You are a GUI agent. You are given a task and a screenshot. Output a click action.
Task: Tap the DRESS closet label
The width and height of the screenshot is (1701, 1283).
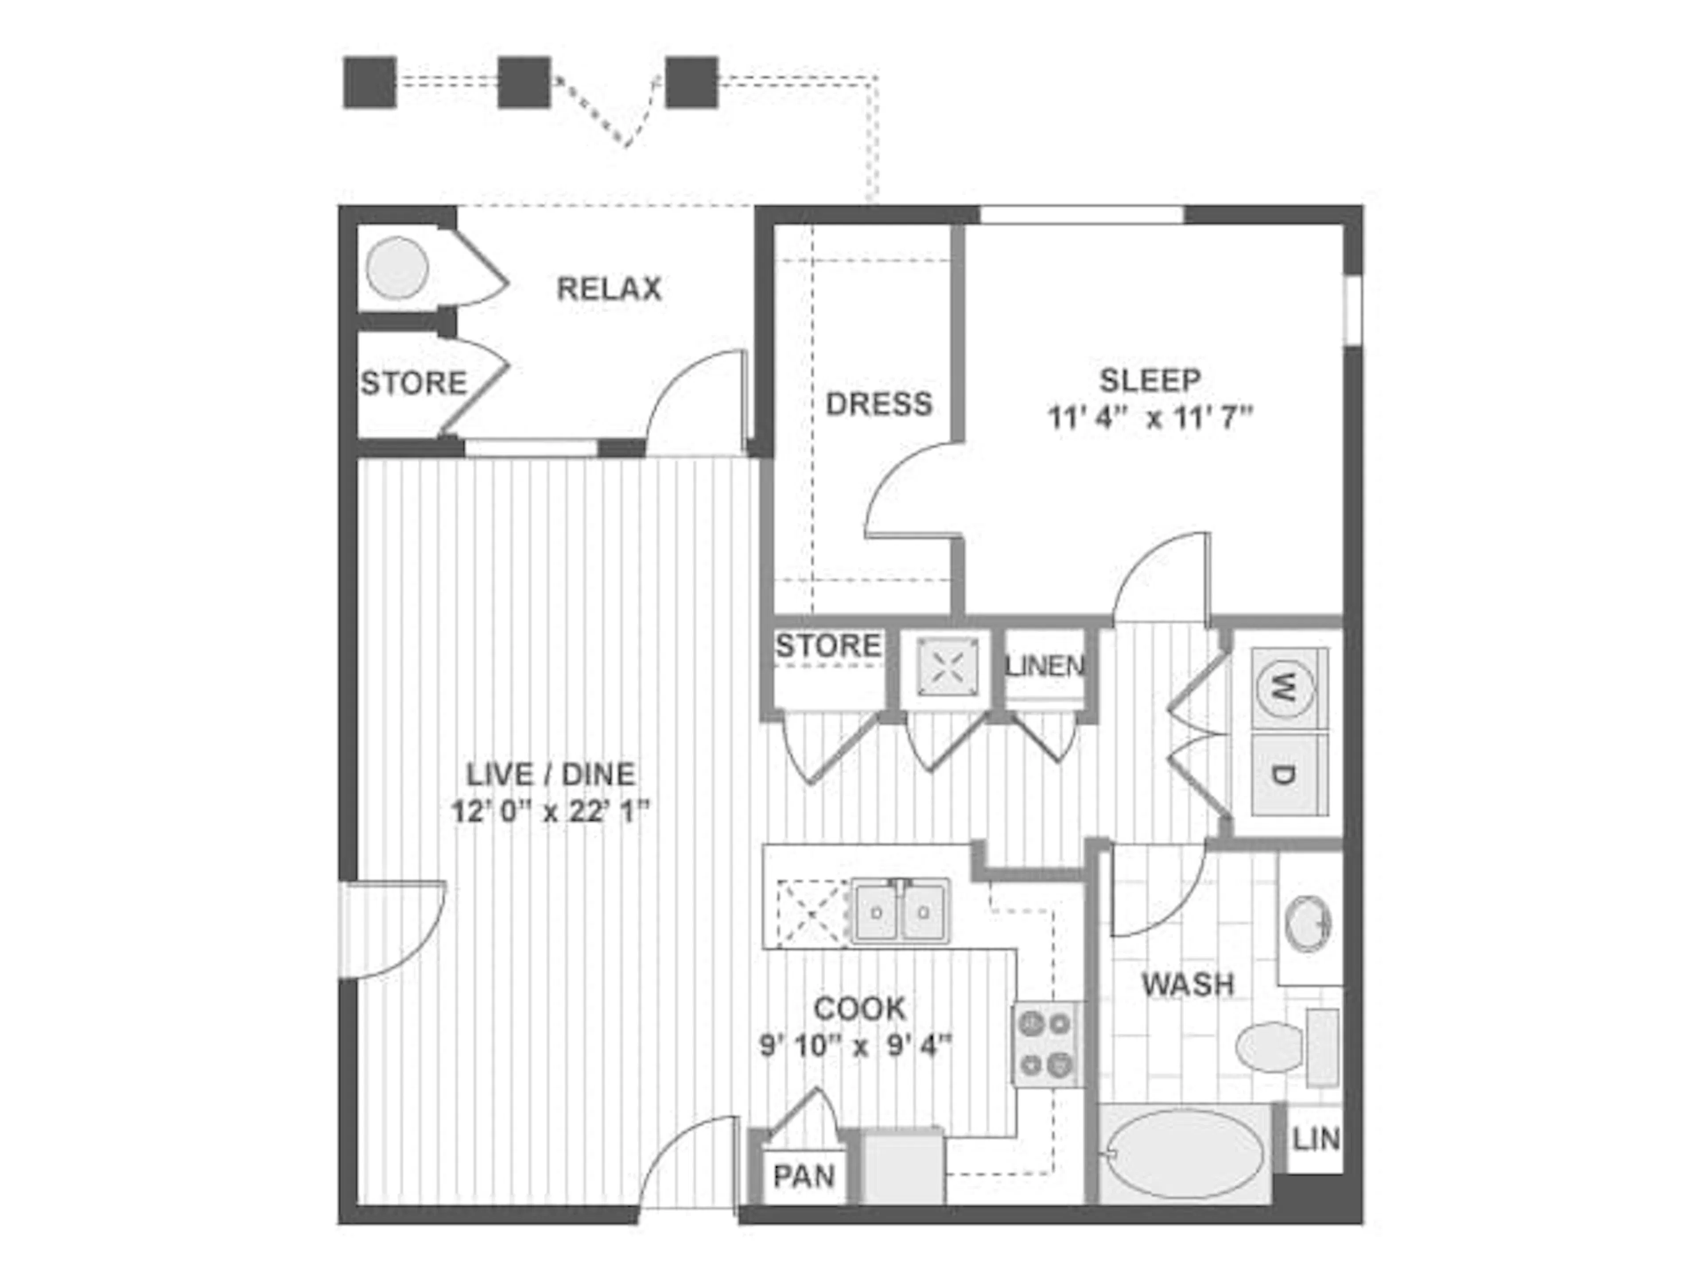pos(879,404)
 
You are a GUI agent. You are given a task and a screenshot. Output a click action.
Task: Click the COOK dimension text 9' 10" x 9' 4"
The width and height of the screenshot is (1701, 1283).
pos(856,1046)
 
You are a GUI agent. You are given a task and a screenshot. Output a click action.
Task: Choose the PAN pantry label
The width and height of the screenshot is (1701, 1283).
pos(804,1176)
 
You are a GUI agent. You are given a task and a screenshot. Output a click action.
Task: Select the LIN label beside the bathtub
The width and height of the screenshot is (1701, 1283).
pos(1316,1139)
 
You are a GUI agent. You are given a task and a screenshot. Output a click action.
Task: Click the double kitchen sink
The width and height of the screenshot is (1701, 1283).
pos(900,912)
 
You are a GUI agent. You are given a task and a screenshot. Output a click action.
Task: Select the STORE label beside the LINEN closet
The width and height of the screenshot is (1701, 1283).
pos(827,646)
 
